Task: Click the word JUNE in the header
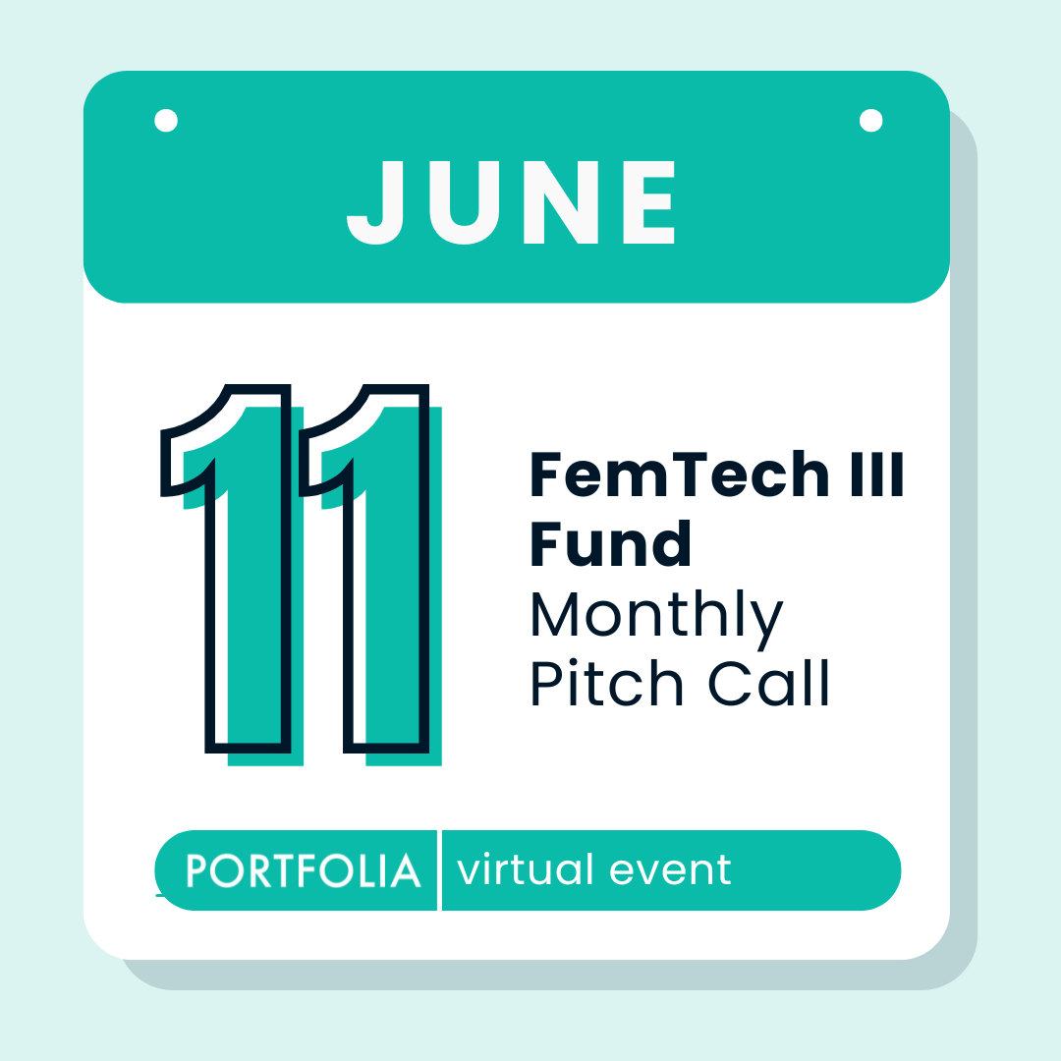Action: click(512, 202)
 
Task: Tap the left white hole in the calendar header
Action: click(166, 121)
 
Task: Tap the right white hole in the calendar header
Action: click(869, 120)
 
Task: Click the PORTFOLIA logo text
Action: click(304, 871)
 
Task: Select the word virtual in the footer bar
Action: click(526, 870)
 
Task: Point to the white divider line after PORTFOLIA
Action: click(439, 870)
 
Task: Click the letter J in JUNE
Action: click(376, 202)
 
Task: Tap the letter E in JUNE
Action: click(647, 202)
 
